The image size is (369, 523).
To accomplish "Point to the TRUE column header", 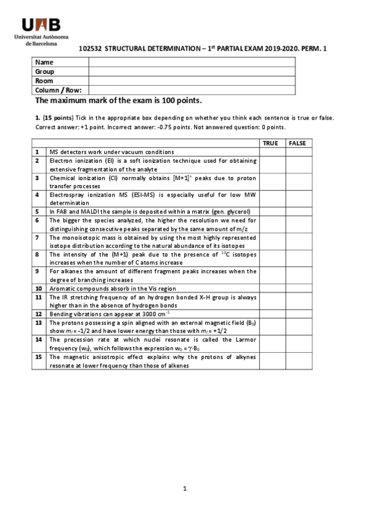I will click(x=270, y=143).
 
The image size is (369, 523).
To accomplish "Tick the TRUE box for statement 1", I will click(x=272, y=152).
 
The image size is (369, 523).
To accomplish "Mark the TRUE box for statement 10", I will click(x=272, y=287).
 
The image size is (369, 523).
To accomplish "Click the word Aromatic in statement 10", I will click(x=62, y=287).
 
